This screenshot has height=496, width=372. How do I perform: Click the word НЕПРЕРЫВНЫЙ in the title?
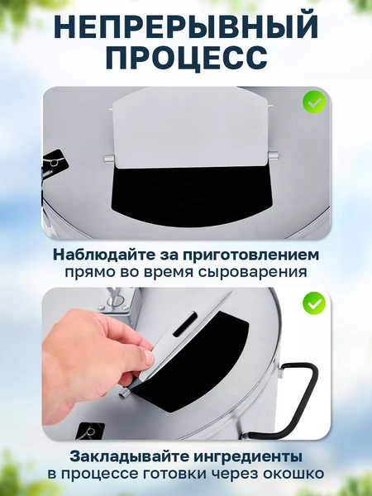pyautogui.click(x=186, y=26)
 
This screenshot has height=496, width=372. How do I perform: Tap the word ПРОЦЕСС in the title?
pyautogui.click(x=186, y=58)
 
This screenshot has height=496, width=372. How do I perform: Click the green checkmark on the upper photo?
pyautogui.click(x=314, y=103)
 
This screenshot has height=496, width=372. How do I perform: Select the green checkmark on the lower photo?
pyautogui.click(x=314, y=303)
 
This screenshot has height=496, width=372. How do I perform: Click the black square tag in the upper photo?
pyautogui.click(x=53, y=161)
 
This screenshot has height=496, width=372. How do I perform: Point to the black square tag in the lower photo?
pyautogui.click(x=89, y=430)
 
